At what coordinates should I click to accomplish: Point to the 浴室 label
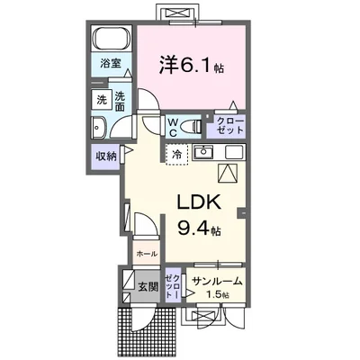point(110,66)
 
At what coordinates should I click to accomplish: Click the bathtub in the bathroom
point(112,41)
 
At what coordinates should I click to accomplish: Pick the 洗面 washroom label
point(121,102)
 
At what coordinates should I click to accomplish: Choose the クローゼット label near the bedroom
point(228,126)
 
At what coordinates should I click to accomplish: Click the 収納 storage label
point(107,156)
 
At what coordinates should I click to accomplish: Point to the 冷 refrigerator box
point(176,154)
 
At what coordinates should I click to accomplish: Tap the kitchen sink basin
point(202,152)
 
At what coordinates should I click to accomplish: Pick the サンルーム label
point(217,282)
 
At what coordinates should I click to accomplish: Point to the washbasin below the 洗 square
point(101,128)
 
